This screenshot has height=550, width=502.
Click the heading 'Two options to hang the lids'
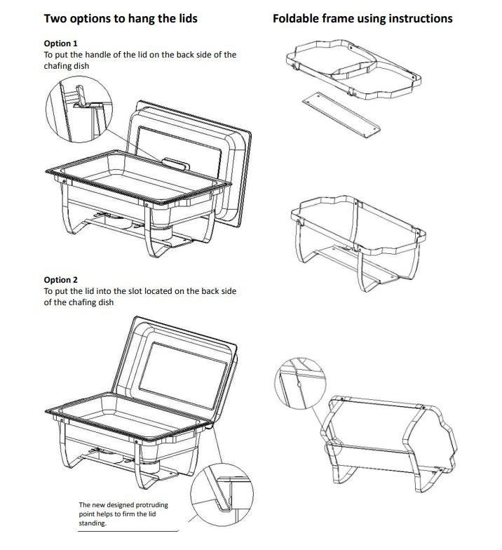point(121,18)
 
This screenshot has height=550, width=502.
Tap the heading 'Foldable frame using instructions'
point(362,18)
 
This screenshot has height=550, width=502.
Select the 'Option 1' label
point(60,43)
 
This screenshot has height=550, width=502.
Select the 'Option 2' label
point(60,280)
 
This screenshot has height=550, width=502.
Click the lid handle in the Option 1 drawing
point(176,163)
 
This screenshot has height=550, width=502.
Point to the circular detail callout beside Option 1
point(79,109)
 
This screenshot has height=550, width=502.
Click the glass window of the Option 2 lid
point(183,375)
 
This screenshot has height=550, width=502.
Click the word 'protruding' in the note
point(151,505)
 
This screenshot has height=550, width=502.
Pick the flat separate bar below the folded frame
point(341,115)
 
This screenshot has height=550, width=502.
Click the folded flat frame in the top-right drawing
point(353,70)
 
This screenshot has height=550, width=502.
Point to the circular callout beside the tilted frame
point(300,383)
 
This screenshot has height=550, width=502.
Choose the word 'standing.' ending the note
point(93,523)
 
